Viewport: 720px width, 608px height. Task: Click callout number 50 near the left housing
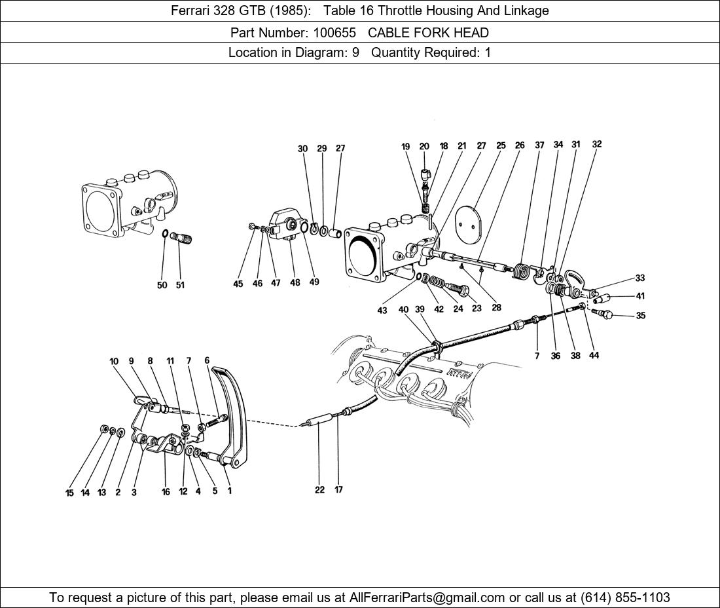point(162,285)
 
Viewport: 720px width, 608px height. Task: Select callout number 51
point(179,285)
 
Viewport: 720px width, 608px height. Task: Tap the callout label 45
point(238,284)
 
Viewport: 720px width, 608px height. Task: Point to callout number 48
point(295,283)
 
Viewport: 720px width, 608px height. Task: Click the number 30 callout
point(302,149)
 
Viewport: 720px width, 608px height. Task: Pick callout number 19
point(406,147)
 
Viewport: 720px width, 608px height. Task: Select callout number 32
point(596,144)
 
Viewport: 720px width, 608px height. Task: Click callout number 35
point(640,316)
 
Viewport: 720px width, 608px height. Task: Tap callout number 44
point(594,355)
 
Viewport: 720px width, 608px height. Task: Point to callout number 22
point(319,489)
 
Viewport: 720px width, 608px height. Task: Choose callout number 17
point(338,489)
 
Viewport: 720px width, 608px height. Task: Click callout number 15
point(69,493)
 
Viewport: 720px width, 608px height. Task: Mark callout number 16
point(166,492)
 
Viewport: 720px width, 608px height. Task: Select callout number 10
point(114,361)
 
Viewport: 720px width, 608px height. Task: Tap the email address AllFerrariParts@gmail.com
point(427,598)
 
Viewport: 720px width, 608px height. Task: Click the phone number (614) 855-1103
point(624,598)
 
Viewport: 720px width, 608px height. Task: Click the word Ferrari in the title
point(191,10)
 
